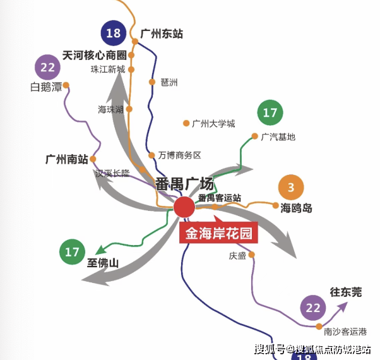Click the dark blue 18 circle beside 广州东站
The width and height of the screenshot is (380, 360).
coord(114,33)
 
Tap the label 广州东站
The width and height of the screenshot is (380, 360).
coord(162,33)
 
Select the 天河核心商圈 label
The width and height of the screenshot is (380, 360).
coord(95,56)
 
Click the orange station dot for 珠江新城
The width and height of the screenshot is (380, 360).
coord(131,70)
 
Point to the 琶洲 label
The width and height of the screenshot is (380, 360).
coord(169,83)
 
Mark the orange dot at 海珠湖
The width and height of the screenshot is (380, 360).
coord(129,109)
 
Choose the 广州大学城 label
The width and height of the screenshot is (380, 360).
coord(213,124)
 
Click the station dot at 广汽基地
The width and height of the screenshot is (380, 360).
coord(255,136)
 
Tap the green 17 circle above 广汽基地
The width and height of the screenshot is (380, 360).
coord(270,112)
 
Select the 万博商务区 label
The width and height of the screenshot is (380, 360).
coord(179,155)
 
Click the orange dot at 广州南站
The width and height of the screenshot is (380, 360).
coord(93,159)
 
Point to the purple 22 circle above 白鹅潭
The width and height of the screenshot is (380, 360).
coord(47,67)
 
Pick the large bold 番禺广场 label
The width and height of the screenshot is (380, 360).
coord(185,184)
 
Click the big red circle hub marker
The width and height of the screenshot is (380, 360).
coord(184,207)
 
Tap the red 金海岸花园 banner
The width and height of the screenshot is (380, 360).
coord(218,232)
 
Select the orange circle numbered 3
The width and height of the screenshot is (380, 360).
coord(291,187)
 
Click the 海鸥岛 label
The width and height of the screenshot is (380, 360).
coord(296,208)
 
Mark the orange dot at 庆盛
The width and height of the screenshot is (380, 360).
coord(252,255)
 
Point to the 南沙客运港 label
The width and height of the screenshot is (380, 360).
coord(345,332)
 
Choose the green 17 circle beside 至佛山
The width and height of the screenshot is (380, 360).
coord(72,252)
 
